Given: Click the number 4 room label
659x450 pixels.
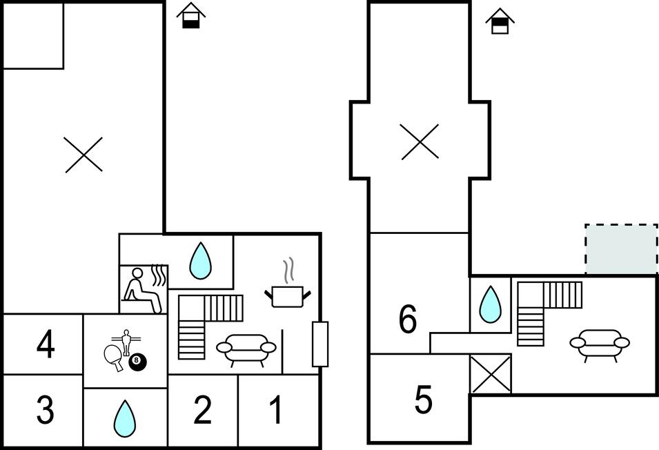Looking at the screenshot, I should [x=46, y=345].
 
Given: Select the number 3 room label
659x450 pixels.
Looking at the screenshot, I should [x=45, y=411].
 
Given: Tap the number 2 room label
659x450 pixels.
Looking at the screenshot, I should [x=202, y=411].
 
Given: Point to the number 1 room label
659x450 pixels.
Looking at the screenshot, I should [x=276, y=411].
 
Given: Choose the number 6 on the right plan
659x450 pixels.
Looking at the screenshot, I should [x=408, y=319].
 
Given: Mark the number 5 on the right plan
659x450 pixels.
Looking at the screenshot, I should [x=423, y=399].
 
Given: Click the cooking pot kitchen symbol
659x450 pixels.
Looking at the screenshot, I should [x=287, y=296].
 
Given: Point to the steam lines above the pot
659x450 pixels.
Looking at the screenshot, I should [x=288, y=270].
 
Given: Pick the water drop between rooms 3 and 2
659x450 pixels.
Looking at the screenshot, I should [x=124, y=417].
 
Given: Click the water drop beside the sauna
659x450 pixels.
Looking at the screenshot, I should [x=200, y=260].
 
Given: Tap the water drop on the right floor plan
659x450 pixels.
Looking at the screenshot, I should [x=490, y=304].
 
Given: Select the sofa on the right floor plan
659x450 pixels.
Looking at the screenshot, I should [x=599, y=344].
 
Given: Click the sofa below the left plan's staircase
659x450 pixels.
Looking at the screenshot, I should [x=246, y=348].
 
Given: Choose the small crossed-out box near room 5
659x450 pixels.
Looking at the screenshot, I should [x=490, y=374].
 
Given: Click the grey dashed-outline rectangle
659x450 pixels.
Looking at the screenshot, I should [x=621, y=248].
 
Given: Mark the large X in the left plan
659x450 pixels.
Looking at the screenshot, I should [x=83, y=154].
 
